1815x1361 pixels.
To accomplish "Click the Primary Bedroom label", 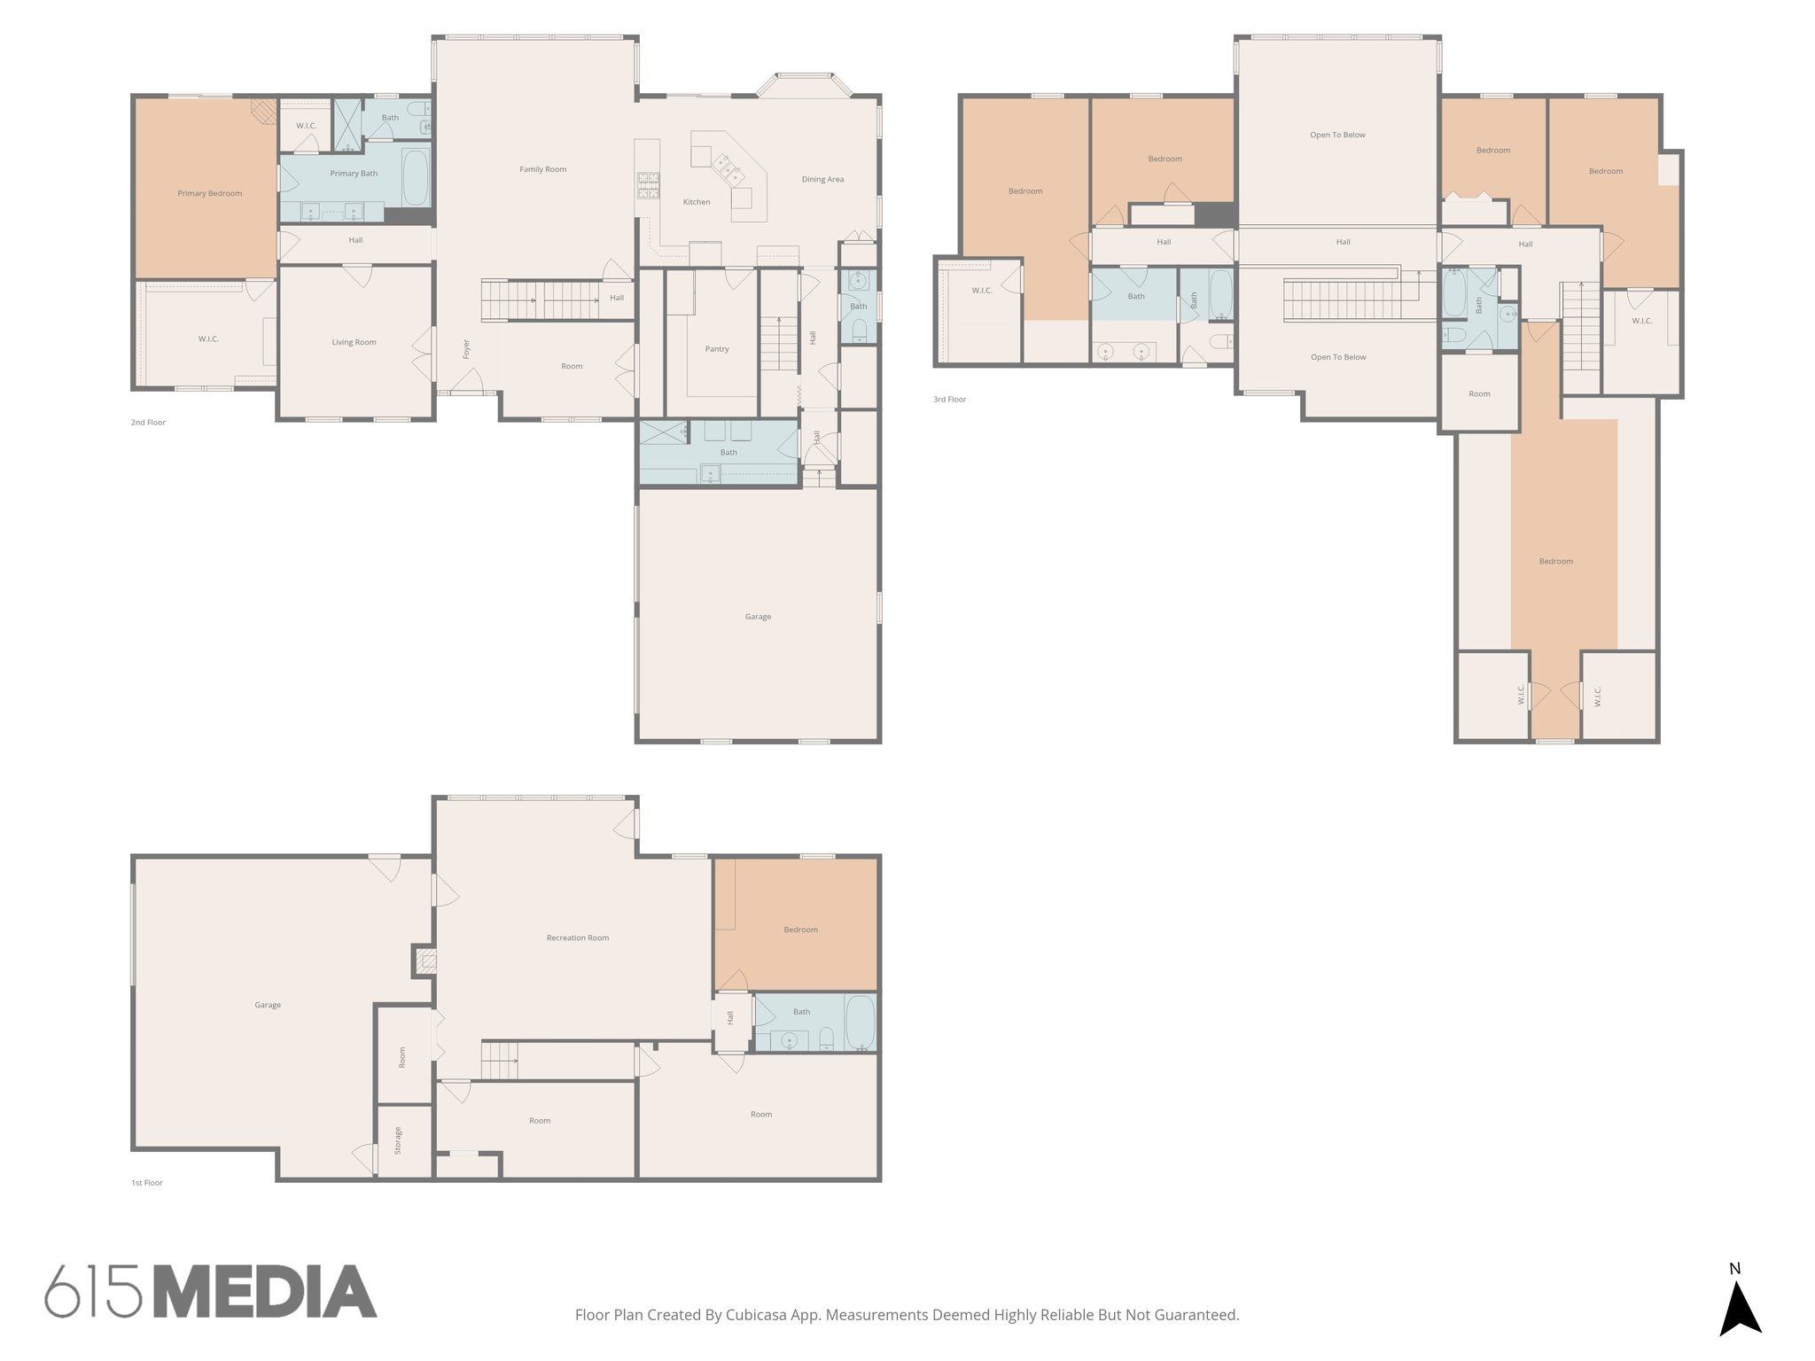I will [x=209, y=193].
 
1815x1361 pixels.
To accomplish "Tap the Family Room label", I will [x=542, y=169].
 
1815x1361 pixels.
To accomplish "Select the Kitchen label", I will [x=696, y=202].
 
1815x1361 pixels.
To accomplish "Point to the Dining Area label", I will [x=822, y=179].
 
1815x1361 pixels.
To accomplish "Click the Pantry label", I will [x=717, y=349].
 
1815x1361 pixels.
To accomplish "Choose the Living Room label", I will [x=354, y=342].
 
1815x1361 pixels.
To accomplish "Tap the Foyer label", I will [x=466, y=349].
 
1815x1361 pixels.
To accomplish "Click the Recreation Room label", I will [x=577, y=937].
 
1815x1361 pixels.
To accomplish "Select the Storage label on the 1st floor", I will [x=398, y=1140].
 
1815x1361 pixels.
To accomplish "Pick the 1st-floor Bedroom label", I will [x=800, y=929].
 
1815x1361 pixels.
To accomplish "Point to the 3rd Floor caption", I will [x=949, y=400].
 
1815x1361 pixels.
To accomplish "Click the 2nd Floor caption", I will [x=148, y=423].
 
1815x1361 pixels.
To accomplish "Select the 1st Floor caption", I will [x=147, y=1183].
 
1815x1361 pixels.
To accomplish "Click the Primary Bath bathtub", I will [x=416, y=176].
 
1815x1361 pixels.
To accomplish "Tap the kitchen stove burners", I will [x=649, y=183].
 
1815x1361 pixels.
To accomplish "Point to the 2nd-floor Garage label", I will [x=758, y=617].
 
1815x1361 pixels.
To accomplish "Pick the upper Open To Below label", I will [x=1337, y=136].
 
